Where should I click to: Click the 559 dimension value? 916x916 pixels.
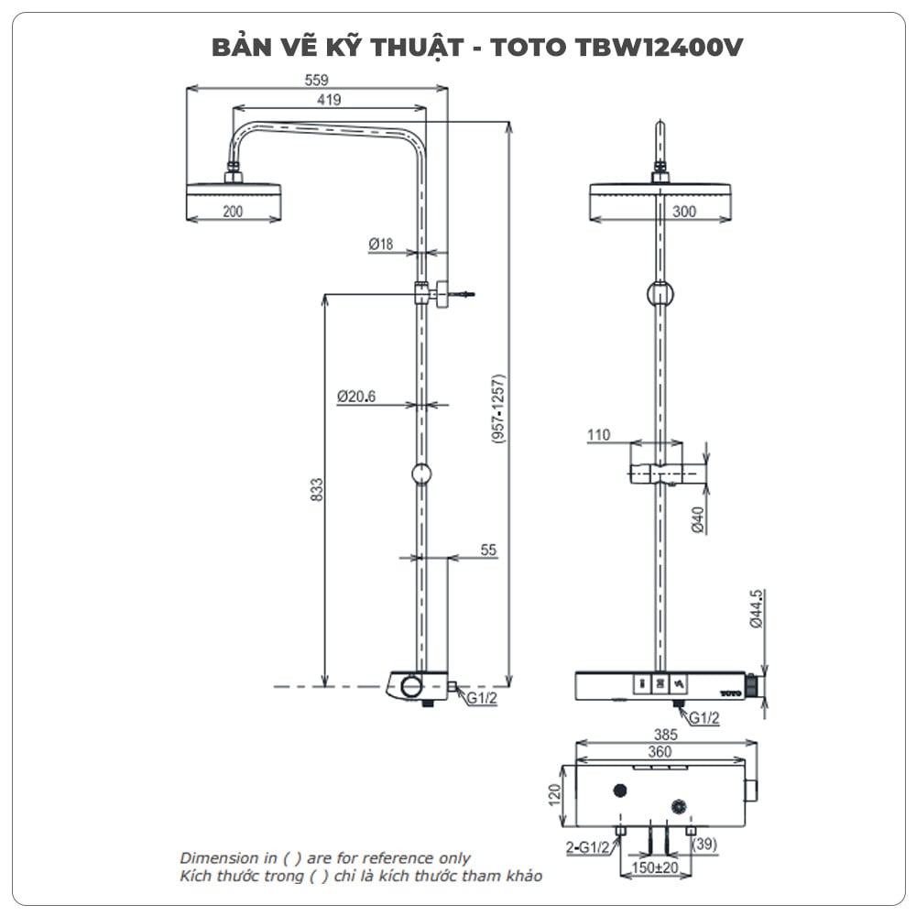click(317, 80)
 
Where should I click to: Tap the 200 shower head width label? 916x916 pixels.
click(233, 212)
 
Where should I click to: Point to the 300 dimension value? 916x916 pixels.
click(684, 212)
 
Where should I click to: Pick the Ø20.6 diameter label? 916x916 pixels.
click(356, 397)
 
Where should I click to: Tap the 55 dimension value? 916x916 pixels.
click(488, 550)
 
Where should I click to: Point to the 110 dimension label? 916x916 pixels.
click(599, 435)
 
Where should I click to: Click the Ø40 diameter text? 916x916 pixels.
click(697, 518)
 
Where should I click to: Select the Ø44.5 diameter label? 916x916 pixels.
click(757, 609)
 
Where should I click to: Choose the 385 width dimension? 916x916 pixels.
click(665, 734)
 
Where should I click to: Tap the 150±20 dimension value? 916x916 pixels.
click(656, 867)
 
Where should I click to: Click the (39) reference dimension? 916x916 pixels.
click(704, 843)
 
